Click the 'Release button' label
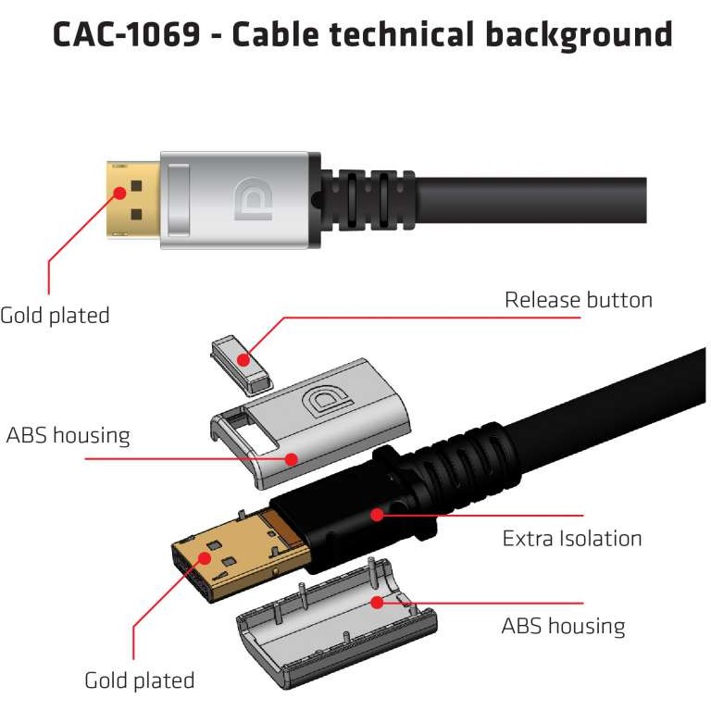[578, 300]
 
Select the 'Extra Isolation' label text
[571, 538]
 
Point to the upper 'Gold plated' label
[56, 315]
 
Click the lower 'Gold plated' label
[140, 680]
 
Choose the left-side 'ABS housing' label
[68, 434]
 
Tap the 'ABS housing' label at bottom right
[563, 626]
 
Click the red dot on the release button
[243, 359]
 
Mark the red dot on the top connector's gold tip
[120, 193]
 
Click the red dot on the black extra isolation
[376, 514]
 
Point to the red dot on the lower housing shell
[376, 603]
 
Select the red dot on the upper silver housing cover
[291, 456]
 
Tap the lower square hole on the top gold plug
[136, 215]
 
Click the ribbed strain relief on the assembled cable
[366, 197]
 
